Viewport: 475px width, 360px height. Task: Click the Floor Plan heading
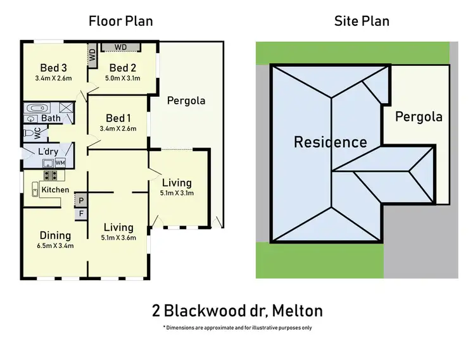pyautogui.click(x=120, y=21)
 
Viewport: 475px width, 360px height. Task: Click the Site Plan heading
pyautogui.click(x=362, y=21)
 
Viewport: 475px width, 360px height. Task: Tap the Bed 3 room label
pyautogui.click(x=53, y=68)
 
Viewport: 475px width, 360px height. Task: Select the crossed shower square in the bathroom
pyautogui.click(x=66, y=108)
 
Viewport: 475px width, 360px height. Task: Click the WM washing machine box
pyautogui.click(x=60, y=163)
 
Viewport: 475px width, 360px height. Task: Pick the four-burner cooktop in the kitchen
pyautogui.click(x=51, y=175)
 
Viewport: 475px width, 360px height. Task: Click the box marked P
pyautogui.click(x=80, y=201)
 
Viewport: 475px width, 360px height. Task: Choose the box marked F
pyautogui.click(x=80, y=214)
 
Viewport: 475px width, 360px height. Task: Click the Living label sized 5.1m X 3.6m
pyautogui.click(x=118, y=227)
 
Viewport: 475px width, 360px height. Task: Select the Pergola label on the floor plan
pyautogui.click(x=186, y=100)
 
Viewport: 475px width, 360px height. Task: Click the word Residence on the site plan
pyautogui.click(x=330, y=142)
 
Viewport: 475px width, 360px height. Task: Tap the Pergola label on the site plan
pyautogui.click(x=419, y=116)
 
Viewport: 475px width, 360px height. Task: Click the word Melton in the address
pyautogui.click(x=294, y=311)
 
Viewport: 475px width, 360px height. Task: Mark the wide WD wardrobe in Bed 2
pyautogui.click(x=120, y=47)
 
